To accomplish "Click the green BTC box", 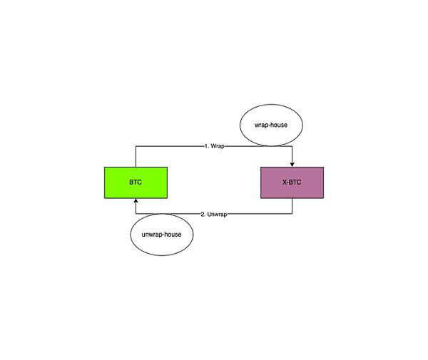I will [136, 182].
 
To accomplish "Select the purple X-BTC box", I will [292, 182].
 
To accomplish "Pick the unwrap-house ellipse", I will [162, 235].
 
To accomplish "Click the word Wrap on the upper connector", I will [218, 146].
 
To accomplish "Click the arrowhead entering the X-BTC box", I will [292, 164].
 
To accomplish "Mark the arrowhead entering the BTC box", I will [136, 202].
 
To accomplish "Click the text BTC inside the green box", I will [136, 182].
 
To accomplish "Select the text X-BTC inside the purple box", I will [292, 182].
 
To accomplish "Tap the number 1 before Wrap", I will [206, 146].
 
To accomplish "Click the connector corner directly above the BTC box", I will [136, 146].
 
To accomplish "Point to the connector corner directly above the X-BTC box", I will [292, 146].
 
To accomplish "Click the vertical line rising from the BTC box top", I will [136, 157].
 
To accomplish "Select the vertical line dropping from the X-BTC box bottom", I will [292, 206].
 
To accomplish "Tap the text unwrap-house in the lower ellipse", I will [162, 235].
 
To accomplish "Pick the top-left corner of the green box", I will [105, 168].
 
